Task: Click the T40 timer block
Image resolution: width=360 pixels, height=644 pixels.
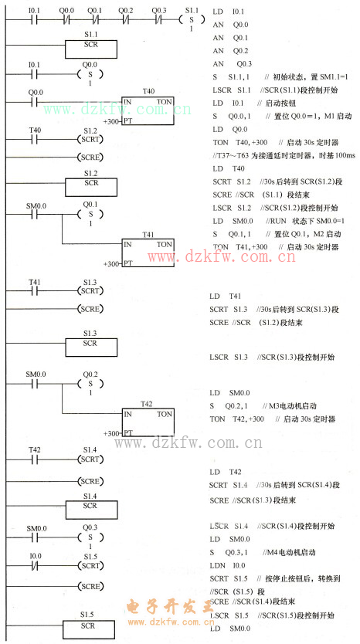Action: [x=147, y=110]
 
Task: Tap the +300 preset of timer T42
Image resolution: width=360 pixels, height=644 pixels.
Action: [x=112, y=434]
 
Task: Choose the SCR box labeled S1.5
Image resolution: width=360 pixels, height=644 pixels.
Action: [x=90, y=626]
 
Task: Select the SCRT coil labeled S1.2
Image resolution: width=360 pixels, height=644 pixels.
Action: [x=90, y=140]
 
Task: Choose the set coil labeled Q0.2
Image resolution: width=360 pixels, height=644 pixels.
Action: [x=90, y=384]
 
